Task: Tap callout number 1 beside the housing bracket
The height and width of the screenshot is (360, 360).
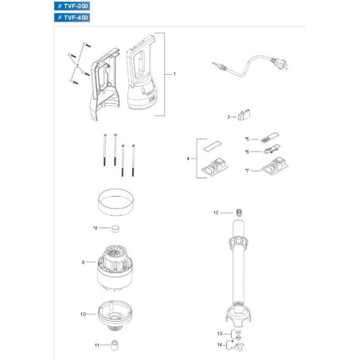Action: pos(174,73)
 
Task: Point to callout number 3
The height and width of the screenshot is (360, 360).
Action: pos(228,117)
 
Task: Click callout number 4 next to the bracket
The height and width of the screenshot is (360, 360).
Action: pos(188,160)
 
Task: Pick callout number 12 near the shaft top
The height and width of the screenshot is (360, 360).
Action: pos(216,213)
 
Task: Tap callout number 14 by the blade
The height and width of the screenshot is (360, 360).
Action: pos(221,345)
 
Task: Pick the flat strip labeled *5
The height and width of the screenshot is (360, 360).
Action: pos(271,138)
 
